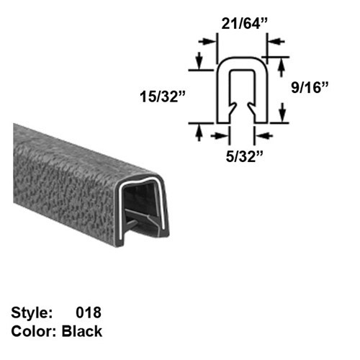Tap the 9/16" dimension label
click(315, 89)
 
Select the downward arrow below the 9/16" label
click(282, 112)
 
